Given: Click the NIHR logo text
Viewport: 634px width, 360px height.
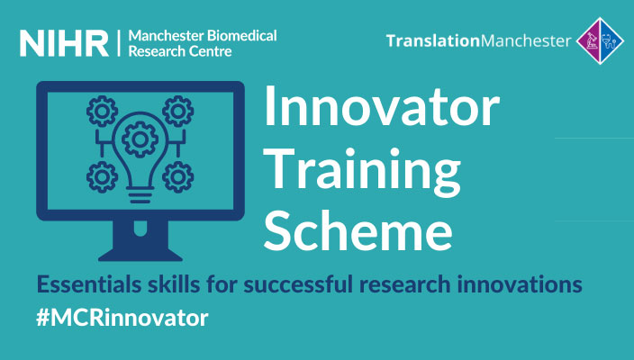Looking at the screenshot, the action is [64, 43].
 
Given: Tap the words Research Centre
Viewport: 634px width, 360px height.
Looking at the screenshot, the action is [180, 51].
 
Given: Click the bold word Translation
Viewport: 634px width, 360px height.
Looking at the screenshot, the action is [432, 40].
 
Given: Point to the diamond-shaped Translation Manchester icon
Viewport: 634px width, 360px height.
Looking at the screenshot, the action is [600, 40].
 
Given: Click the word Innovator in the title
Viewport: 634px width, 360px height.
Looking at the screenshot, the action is [382, 106].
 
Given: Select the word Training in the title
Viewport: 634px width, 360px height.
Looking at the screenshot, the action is [363, 169].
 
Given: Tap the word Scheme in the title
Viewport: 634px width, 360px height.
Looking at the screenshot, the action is [358, 229].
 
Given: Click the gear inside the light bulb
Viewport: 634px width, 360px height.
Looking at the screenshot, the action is [140, 139].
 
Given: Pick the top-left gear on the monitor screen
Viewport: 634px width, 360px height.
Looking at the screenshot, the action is [102, 111].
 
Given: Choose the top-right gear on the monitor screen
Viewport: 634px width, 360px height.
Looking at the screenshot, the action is [178, 111].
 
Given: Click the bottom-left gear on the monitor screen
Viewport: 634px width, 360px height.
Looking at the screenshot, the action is [102, 177].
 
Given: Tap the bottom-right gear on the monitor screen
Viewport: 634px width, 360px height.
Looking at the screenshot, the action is [178, 177].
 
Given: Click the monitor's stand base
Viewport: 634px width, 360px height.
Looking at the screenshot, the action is [140, 256].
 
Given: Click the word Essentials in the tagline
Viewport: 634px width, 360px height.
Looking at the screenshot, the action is [89, 284].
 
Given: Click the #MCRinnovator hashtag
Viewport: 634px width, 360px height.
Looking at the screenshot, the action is [122, 318].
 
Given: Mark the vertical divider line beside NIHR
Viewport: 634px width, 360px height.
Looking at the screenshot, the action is [119, 43].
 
